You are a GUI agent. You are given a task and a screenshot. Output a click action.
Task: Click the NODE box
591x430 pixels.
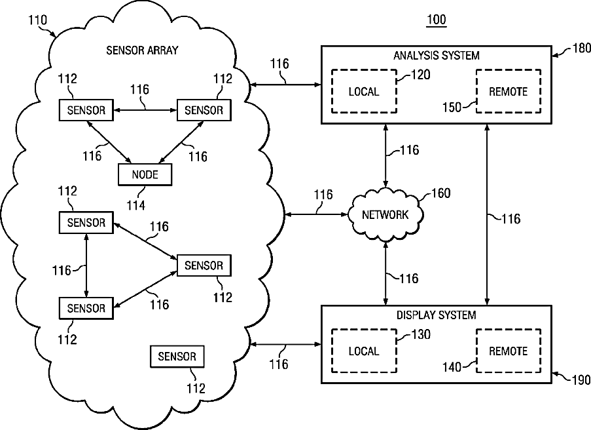[x=145, y=174]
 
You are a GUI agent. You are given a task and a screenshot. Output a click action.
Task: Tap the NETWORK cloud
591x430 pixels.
[x=385, y=214]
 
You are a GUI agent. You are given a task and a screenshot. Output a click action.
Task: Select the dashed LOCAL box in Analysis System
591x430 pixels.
[x=364, y=91]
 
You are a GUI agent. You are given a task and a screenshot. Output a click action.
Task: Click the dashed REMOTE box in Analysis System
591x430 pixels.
[x=509, y=91]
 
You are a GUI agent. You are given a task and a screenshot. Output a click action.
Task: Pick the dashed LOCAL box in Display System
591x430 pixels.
[x=364, y=351]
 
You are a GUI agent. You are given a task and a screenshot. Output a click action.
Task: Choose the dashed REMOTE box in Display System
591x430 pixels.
[x=509, y=351]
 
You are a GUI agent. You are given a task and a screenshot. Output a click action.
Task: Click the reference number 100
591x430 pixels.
[x=437, y=19]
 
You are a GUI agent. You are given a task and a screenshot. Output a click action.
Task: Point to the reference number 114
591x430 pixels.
[x=135, y=205]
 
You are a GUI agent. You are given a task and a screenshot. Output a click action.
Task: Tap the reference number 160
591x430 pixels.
[x=440, y=193]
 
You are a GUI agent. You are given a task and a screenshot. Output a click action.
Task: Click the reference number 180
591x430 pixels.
[x=581, y=49]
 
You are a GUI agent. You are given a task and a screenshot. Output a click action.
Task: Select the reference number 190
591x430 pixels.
[x=581, y=380]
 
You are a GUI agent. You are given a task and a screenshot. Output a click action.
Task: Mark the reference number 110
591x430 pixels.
[x=38, y=20]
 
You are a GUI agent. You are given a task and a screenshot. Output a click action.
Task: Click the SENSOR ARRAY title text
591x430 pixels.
[x=142, y=50]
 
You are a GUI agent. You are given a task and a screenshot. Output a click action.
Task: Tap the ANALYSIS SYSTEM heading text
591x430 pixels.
[x=437, y=56]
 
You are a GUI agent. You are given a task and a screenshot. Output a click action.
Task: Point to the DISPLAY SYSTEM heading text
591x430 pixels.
[x=437, y=315]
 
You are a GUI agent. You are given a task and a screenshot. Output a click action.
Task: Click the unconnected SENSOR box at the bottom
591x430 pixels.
[x=177, y=357]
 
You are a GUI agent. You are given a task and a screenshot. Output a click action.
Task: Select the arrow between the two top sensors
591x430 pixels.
[x=145, y=110]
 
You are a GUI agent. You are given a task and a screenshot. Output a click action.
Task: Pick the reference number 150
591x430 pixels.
[x=452, y=107]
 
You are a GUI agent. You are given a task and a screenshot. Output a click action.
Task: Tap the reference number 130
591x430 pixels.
[x=421, y=334]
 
